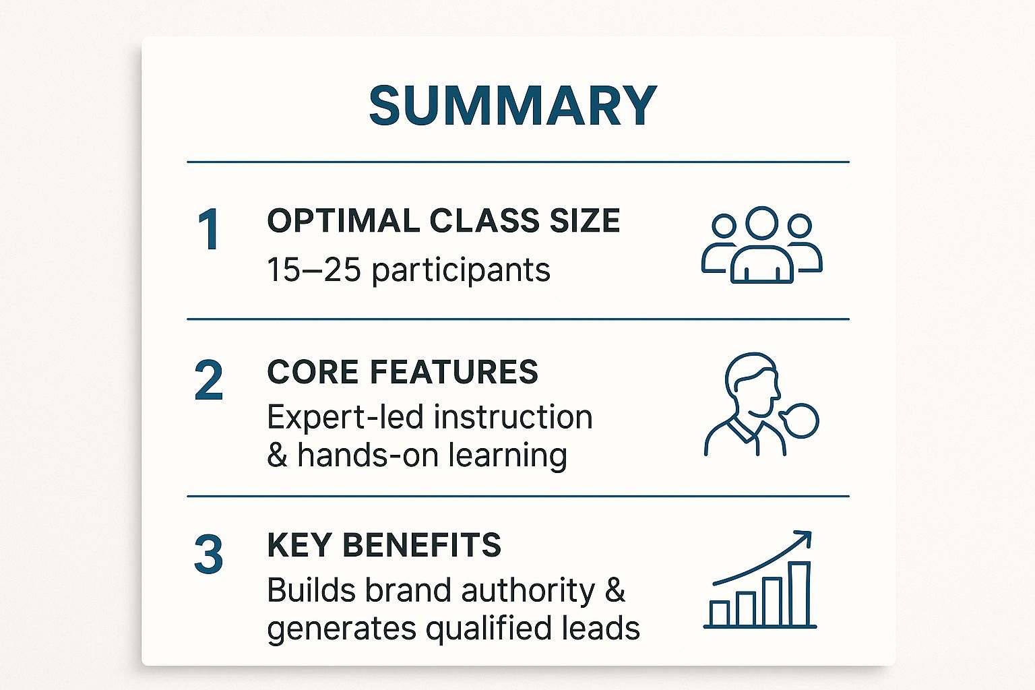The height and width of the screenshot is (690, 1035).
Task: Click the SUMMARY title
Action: (x=513, y=106)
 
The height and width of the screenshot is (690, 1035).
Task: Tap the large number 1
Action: (x=209, y=230)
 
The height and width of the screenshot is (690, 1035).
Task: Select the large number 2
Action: (x=209, y=381)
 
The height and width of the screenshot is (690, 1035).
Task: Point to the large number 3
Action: (x=209, y=555)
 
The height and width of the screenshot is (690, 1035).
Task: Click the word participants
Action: (x=461, y=271)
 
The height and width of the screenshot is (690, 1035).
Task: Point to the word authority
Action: (x=528, y=591)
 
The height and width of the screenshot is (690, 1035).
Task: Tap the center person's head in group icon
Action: (x=762, y=223)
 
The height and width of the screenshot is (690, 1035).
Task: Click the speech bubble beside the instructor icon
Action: (x=801, y=420)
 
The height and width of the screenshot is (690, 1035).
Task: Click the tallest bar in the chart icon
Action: (x=799, y=594)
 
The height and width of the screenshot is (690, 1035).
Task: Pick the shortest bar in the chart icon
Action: (x=720, y=613)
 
